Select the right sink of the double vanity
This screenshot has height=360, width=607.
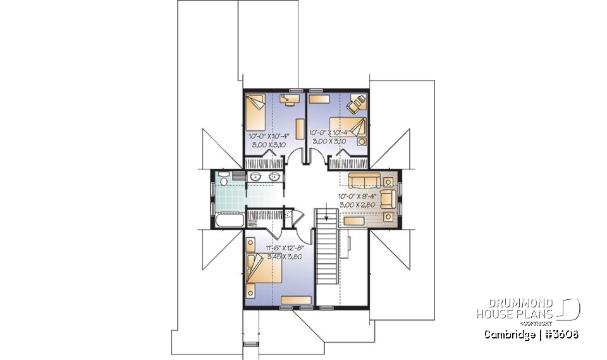click(273, 177)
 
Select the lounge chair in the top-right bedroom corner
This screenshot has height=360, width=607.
click(357, 101)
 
